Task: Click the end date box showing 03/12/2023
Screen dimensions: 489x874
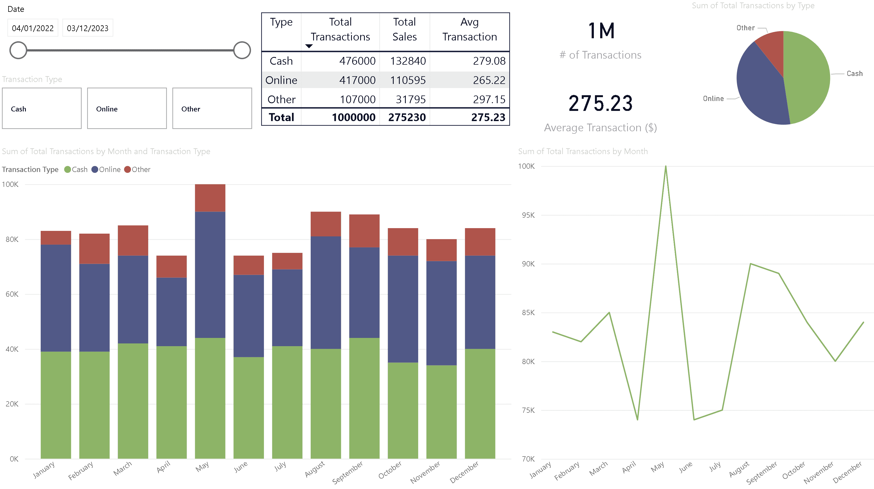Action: pos(87,28)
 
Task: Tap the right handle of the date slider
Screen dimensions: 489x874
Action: pos(242,50)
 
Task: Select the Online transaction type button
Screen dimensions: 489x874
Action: pos(127,108)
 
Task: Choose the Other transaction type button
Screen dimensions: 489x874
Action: pos(212,108)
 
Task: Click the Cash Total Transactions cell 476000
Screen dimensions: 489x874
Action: pos(357,61)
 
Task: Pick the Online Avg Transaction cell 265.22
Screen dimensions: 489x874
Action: pos(489,80)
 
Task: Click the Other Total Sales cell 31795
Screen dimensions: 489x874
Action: pos(410,100)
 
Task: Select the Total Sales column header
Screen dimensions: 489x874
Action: pos(404,29)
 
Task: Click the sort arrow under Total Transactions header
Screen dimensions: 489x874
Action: pos(309,46)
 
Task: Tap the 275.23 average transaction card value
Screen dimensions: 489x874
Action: pos(600,103)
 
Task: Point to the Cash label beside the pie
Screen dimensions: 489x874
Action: pos(854,74)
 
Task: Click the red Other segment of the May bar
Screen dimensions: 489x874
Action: pos(210,198)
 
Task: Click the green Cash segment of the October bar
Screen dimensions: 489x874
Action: pos(403,410)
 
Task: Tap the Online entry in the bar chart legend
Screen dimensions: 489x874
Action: pos(109,170)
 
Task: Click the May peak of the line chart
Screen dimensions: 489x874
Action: pos(666,166)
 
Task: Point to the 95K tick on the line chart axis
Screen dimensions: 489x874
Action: pos(528,215)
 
